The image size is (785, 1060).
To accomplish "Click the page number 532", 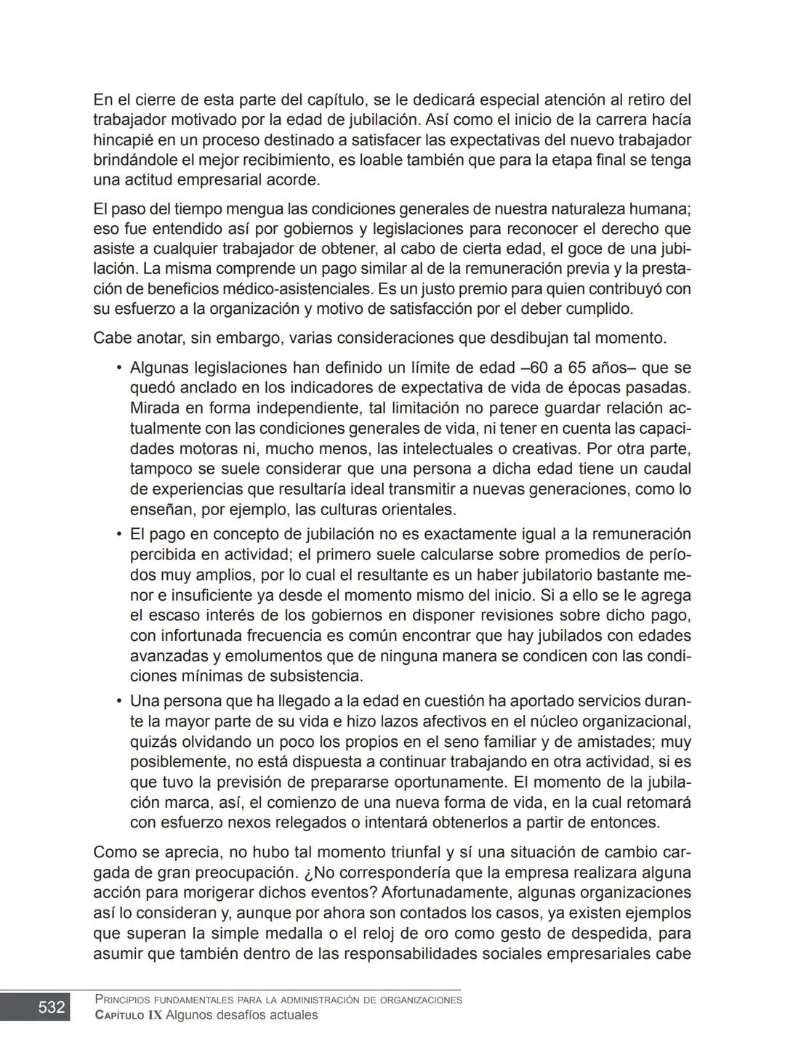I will tap(52, 1007).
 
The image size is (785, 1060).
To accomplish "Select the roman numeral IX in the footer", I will tap(154, 1015).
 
